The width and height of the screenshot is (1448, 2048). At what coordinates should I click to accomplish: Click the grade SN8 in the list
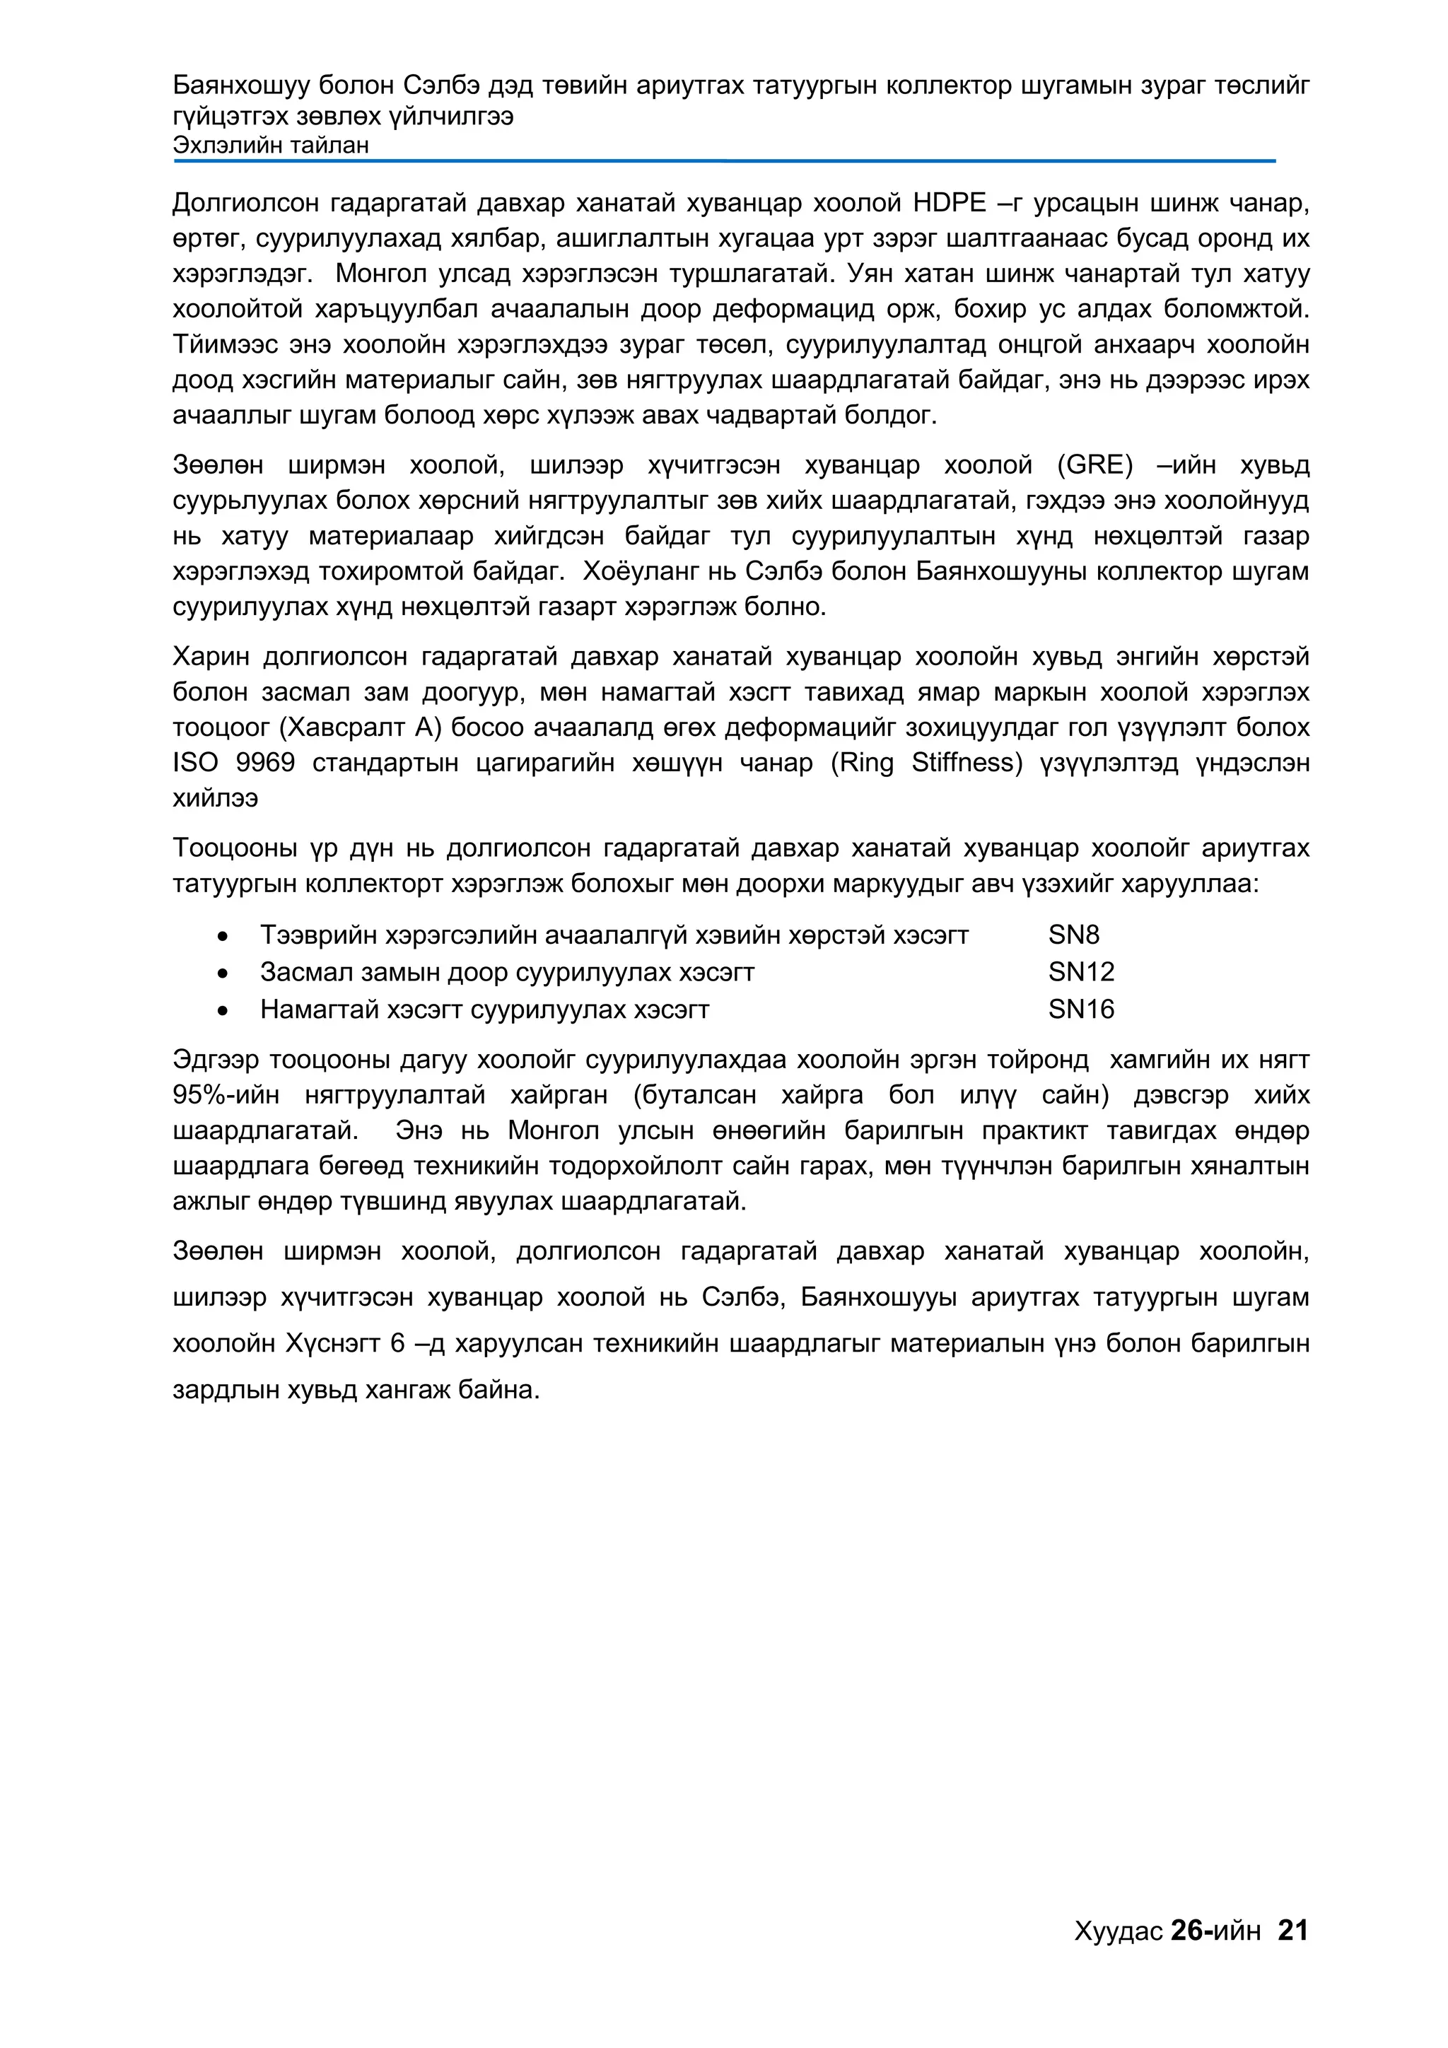click(1073, 935)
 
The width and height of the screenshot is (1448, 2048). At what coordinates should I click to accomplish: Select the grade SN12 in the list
click(1081, 971)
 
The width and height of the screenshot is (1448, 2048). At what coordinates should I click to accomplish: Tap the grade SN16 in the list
click(1081, 1009)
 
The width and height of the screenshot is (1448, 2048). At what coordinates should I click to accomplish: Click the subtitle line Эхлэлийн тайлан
click(270, 146)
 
